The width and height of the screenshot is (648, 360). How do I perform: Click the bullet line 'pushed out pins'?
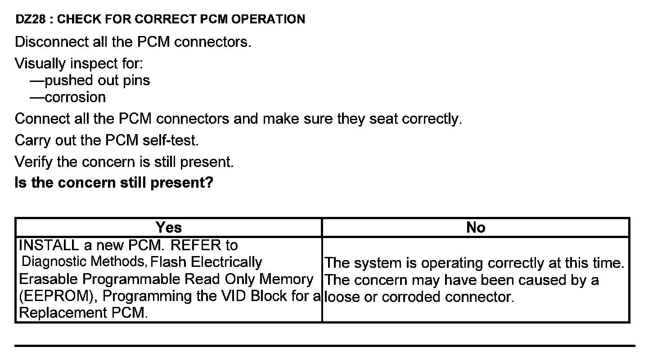pyautogui.click(x=97, y=81)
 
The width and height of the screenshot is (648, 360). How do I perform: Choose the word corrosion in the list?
pyautogui.click(x=75, y=97)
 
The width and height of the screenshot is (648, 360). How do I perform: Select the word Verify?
pyautogui.click(x=34, y=162)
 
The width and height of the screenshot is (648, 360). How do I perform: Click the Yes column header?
pyautogui.click(x=169, y=228)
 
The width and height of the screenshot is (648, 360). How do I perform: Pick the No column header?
pyautogui.click(x=476, y=228)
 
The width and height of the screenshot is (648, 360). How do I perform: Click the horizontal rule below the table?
pyautogui.click(x=324, y=346)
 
